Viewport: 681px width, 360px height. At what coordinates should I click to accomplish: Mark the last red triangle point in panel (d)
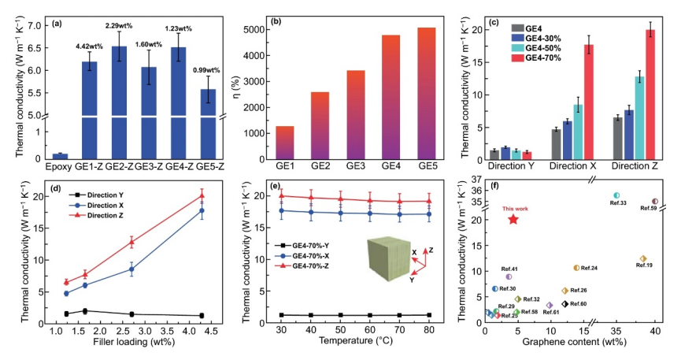pos(202,195)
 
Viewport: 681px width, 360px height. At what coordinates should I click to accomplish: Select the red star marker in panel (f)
pos(514,219)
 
